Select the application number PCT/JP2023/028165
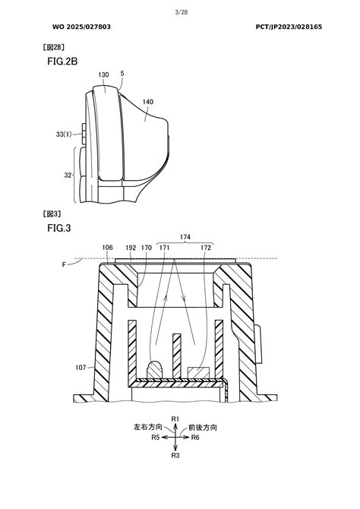(289, 27)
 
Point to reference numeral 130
(103, 75)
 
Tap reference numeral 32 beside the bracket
(68, 175)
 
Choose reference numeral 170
(147, 248)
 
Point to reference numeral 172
(206, 248)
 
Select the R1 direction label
(175, 419)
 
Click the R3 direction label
(175, 455)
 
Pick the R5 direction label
(155, 438)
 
